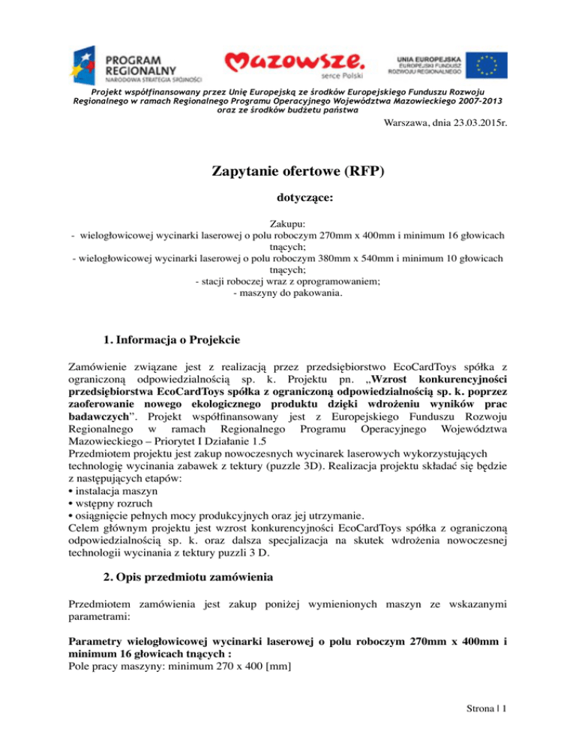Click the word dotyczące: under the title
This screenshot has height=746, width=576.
288,202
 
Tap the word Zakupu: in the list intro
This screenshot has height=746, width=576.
288,224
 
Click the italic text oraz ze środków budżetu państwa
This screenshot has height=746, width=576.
288,110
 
